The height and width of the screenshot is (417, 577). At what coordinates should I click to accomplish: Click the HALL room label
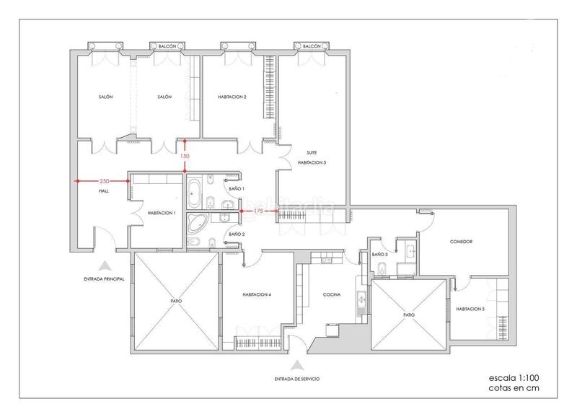click(102, 191)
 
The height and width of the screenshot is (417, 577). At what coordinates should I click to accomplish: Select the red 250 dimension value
click(104, 180)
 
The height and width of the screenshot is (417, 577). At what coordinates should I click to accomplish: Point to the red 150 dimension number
click(185, 156)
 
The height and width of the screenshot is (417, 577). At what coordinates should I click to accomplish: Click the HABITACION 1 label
click(162, 213)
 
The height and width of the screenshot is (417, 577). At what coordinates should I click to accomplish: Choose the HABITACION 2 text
click(232, 97)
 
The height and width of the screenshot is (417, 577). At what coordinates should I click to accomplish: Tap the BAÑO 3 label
click(380, 255)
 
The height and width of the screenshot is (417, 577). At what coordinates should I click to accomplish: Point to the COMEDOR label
click(460, 242)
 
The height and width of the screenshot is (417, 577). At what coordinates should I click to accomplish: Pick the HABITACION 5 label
click(470, 309)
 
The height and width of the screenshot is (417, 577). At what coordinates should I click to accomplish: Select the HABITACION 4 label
click(257, 294)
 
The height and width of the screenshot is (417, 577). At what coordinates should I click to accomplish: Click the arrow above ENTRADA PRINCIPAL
click(105, 265)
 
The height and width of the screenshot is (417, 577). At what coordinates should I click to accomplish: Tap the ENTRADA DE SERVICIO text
click(297, 378)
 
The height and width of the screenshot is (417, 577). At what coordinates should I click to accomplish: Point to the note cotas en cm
click(511, 388)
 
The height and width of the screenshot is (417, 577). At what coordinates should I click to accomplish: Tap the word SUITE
click(312, 153)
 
